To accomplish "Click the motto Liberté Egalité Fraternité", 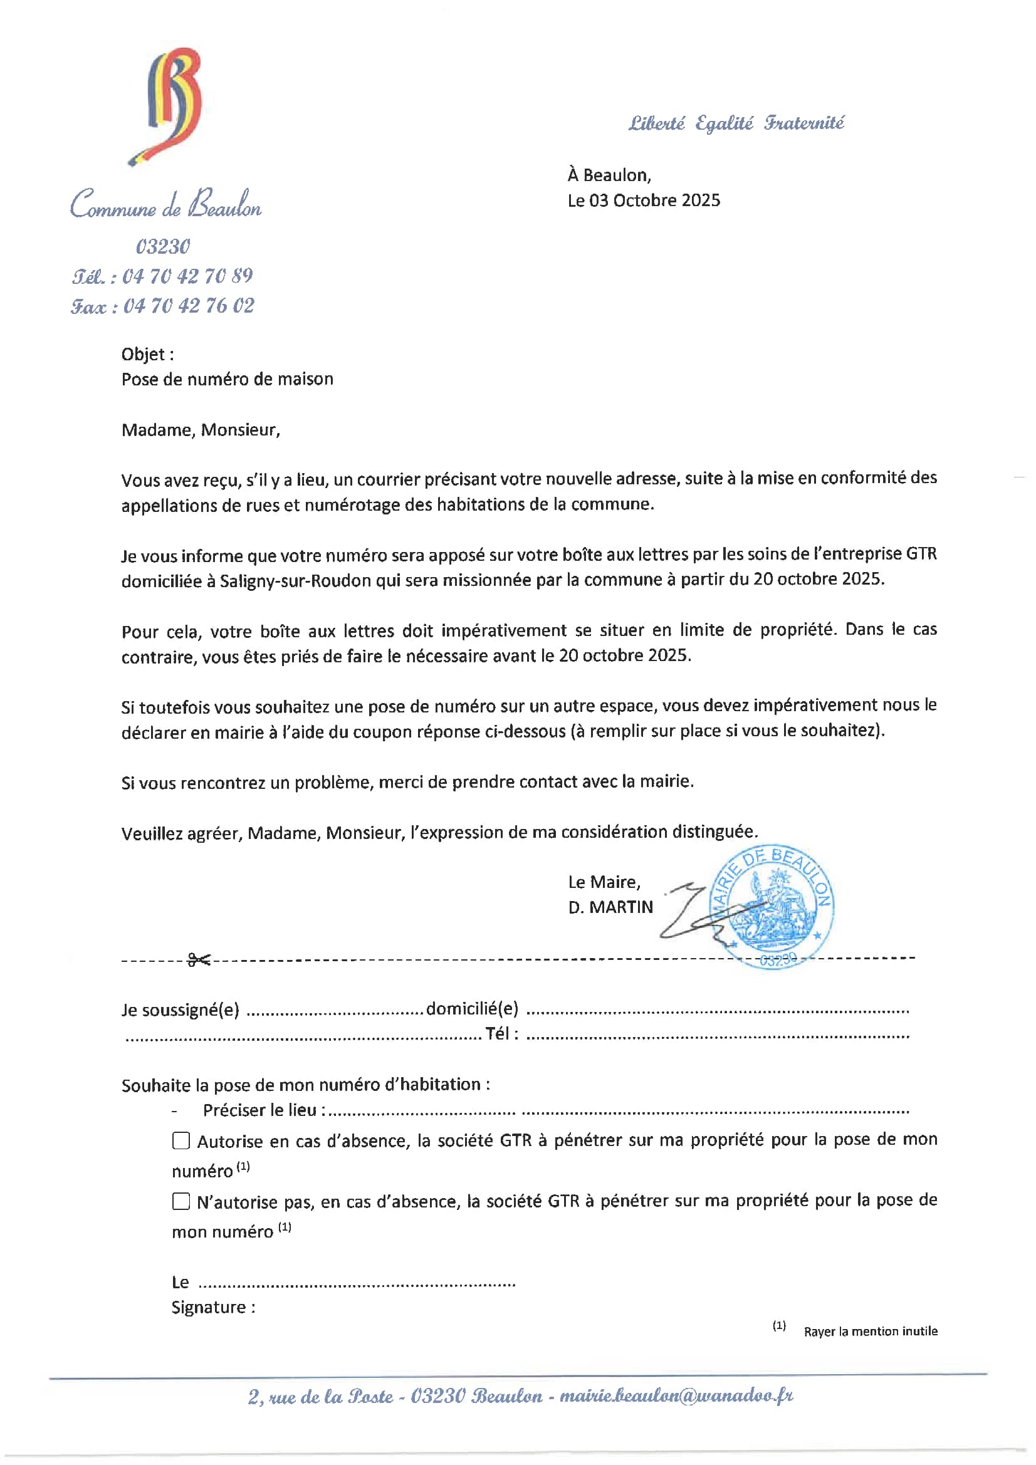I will [736, 123].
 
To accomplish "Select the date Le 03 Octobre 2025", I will [644, 201].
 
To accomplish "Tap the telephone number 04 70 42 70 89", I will [187, 276].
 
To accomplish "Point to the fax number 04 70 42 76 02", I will [188, 306].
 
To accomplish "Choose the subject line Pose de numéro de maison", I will [228, 379].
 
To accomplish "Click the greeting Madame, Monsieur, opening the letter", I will [201, 430].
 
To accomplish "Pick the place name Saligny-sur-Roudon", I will [296, 581].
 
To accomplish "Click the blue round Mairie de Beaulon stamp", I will [772, 906].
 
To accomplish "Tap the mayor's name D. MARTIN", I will [610, 907].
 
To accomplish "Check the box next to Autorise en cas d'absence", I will [181, 1140].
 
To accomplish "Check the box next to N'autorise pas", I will [181, 1201].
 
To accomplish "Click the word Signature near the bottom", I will [209, 1307].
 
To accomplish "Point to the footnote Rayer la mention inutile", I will [870, 1332].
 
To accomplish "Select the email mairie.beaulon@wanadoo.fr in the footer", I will [676, 1397].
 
